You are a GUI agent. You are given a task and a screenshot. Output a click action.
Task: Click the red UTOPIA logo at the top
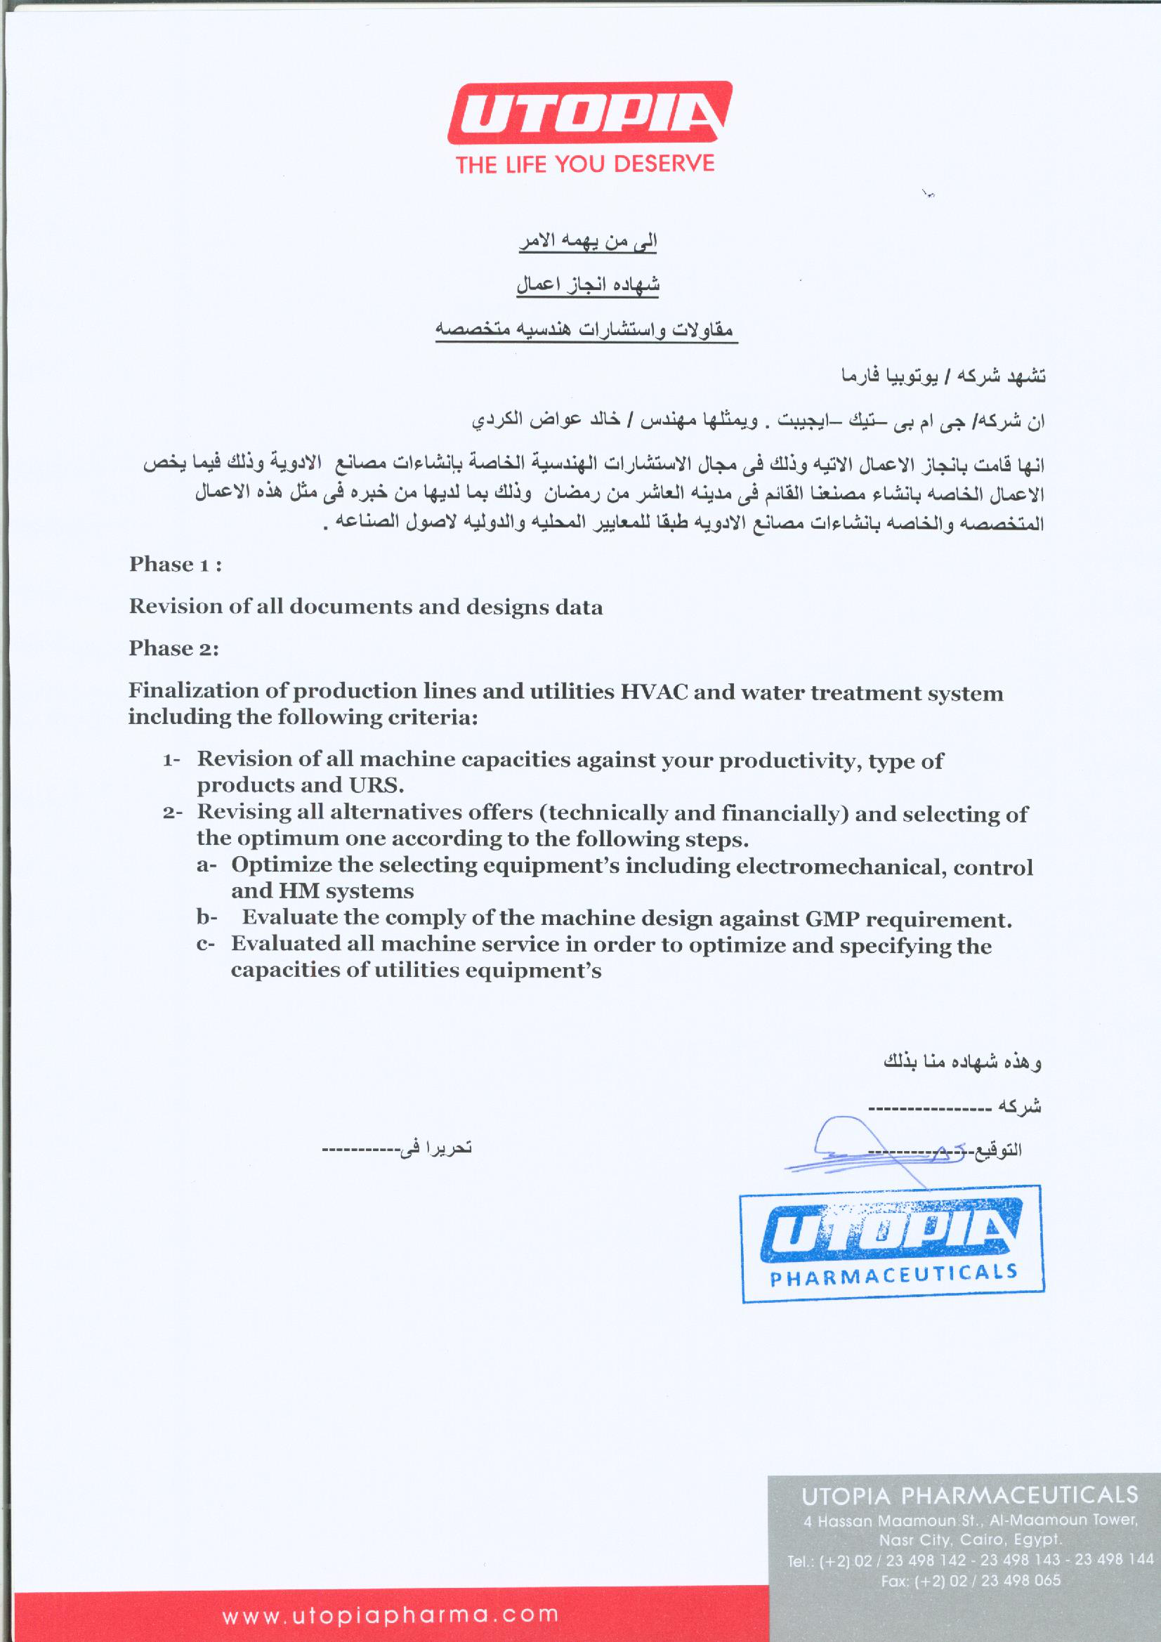click(x=589, y=113)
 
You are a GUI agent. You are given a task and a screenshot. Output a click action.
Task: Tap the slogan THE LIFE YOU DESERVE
click(x=585, y=164)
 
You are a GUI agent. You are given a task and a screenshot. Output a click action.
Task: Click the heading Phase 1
click(x=175, y=565)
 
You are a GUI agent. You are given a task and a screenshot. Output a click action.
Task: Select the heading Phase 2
click(x=173, y=649)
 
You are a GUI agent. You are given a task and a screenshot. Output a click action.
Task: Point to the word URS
click(x=376, y=786)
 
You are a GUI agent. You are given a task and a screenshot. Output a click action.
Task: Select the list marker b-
click(x=206, y=917)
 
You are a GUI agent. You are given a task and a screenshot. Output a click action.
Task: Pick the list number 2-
click(x=172, y=813)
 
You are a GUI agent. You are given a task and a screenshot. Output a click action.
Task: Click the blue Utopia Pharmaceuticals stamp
click(x=891, y=1244)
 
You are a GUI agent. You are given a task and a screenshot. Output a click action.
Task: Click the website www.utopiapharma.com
click(x=391, y=1614)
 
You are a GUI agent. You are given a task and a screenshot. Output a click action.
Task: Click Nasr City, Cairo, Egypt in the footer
click(x=970, y=1539)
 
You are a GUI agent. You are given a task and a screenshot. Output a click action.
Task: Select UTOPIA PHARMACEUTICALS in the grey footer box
click(x=969, y=1495)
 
